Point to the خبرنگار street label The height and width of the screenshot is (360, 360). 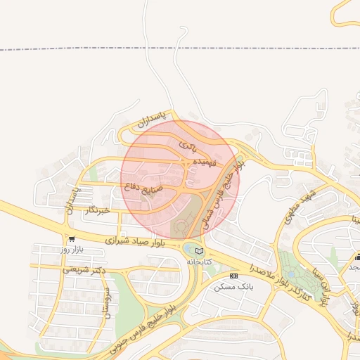[x=97, y=210]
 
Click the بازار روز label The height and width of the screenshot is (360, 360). [x=72, y=250]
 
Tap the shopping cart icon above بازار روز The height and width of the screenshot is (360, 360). [x=71, y=239]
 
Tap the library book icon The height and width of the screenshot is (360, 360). [x=199, y=250]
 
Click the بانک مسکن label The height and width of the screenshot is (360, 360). [x=236, y=287]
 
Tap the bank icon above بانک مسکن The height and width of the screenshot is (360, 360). [x=234, y=276]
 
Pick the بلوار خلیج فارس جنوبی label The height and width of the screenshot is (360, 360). [x=155, y=319]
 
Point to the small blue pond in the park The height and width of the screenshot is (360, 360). [x=290, y=274]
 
